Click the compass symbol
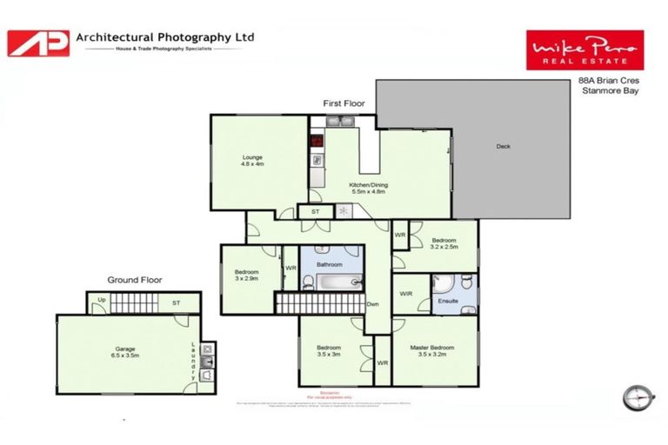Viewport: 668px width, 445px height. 638,396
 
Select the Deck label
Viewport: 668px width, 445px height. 503,146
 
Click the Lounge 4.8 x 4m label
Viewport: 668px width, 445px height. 252,161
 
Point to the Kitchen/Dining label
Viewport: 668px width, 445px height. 368,189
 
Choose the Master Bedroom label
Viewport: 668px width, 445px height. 436,351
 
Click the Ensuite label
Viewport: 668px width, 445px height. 448,301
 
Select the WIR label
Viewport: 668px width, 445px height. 406,294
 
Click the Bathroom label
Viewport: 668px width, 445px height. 330,264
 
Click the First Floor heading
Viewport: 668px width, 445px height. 344,103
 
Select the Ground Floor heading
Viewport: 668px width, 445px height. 135,280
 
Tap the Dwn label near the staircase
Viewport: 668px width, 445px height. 372,303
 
